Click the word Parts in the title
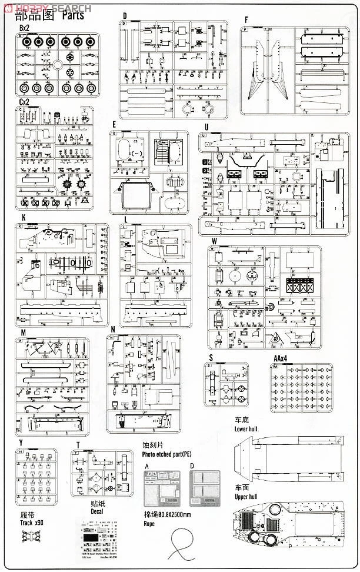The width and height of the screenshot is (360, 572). pos(71,15)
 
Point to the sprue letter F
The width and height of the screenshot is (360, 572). pos(246,19)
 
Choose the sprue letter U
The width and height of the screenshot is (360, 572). pos(206,127)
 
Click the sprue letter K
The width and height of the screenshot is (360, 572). pos(23,218)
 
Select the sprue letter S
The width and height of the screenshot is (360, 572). pos(210,357)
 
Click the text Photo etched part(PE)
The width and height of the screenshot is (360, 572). pos(166,454)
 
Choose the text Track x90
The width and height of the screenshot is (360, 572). pos(28,522)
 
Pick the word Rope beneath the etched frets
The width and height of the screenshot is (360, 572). pos(149,523)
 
